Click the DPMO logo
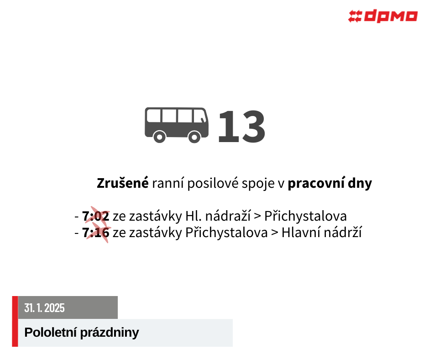pyautogui.click(x=383, y=16)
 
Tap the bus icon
pyautogui.click(x=177, y=125)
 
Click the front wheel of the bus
pyautogui.click(x=194, y=137)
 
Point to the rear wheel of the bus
pyautogui.click(x=160, y=137)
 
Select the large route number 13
pyautogui.click(x=241, y=126)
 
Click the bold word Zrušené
pyautogui.click(x=123, y=183)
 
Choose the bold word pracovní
pyautogui.click(x=316, y=183)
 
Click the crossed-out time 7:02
pyautogui.click(x=96, y=216)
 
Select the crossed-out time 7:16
pyautogui.click(x=96, y=233)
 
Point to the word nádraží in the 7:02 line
pyautogui.click(x=228, y=216)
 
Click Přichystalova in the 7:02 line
pyautogui.click(x=305, y=217)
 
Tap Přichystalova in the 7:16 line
pyautogui.click(x=226, y=233)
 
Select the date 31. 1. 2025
pyautogui.click(x=44, y=308)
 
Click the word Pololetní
pyautogui.click(x=50, y=333)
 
